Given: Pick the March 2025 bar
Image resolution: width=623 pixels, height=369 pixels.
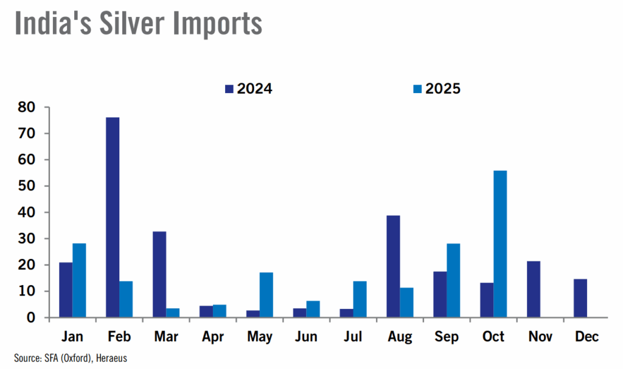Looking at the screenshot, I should tap(173, 312).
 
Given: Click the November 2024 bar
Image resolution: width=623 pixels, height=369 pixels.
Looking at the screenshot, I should tap(534, 289).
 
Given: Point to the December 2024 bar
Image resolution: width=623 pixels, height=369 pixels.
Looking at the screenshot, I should tap(580, 298).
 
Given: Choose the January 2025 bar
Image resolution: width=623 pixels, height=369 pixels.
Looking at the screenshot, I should tap(79, 280).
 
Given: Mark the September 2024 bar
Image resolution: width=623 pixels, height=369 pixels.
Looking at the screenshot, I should tap(440, 294).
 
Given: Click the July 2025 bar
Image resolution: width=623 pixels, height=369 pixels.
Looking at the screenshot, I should tap(360, 299).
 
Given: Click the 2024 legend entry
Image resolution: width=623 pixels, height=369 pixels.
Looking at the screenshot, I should tap(248, 89).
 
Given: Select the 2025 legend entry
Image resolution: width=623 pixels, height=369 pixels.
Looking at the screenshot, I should tap(436, 89).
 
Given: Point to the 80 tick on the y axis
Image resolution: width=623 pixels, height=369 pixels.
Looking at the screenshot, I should tap(27, 107).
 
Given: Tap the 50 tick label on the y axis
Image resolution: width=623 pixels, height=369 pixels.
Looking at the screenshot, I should tap(27, 186).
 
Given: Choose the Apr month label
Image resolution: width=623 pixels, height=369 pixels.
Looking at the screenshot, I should tap(213, 337).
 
